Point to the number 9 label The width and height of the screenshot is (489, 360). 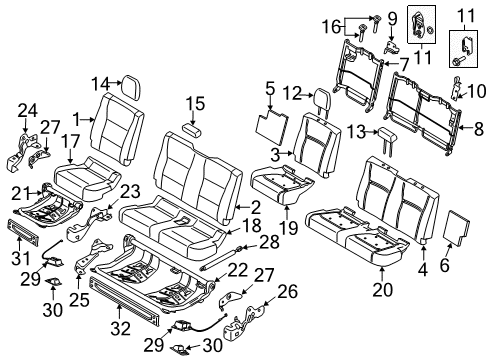[x=391, y=17]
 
